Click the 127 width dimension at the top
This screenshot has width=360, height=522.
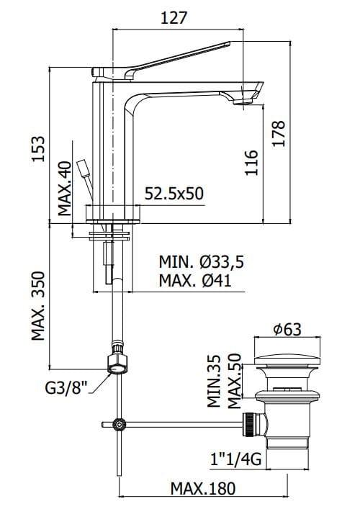174,18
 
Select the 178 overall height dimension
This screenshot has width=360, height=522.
279,133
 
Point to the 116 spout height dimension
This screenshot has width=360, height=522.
251,163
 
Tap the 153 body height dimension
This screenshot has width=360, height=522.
37,148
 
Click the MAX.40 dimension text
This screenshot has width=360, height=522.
65,189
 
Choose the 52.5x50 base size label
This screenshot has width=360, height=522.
174,194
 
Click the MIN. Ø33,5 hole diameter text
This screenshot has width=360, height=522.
201,262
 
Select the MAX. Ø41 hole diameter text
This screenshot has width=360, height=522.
195,280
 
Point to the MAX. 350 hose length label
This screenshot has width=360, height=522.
38,306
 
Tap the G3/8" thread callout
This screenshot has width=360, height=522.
66,387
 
